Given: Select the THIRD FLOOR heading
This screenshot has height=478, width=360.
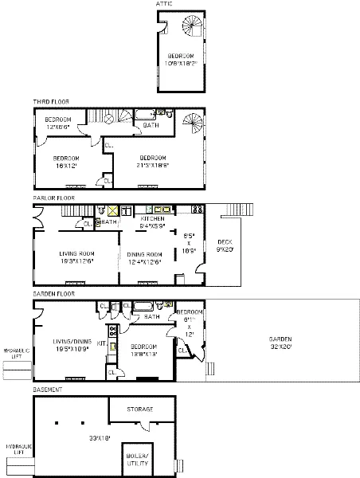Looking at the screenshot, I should click(x=54, y=103).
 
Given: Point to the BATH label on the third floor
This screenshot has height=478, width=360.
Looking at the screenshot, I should click(x=150, y=126).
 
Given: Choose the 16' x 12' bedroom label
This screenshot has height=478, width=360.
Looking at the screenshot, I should click(x=66, y=161).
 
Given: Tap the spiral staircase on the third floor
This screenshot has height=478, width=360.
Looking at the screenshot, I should click(x=192, y=123).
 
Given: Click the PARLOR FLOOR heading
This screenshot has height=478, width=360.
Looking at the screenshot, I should click(x=54, y=198).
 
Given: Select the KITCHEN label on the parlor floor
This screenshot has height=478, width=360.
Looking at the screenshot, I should click(x=152, y=220).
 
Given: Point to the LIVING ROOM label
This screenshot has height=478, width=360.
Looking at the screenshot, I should click(x=77, y=257).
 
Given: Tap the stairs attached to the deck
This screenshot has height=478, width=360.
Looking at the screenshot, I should click(x=238, y=210).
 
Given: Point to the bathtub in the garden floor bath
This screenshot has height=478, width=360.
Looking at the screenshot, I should click(x=143, y=305).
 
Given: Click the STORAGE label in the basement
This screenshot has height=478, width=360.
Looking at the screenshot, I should click(x=140, y=409).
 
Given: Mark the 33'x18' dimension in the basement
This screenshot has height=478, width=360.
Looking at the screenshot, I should click(x=78, y=437).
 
